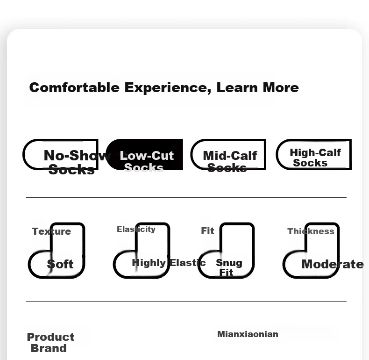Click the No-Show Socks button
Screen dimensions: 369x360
click(x=60, y=155)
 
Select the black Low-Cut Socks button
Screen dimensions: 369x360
click(x=144, y=155)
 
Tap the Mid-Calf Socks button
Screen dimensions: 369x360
click(x=228, y=155)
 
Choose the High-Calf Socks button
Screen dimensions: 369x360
click(x=314, y=155)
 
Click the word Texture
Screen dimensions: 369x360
click(x=51, y=231)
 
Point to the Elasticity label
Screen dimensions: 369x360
click(x=136, y=229)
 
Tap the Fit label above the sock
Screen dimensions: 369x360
click(x=207, y=231)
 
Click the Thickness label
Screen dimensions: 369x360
click(x=311, y=231)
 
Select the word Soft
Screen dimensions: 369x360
click(x=60, y=264)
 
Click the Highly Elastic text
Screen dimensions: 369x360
click(x=169, y=263)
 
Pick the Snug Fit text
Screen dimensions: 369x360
click(x=229, y=267)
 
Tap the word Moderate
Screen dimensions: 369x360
click(x=333, y=264)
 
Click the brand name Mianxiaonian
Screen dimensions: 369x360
click(x=248, y=334)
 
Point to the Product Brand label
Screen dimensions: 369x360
click(x=50, y=343)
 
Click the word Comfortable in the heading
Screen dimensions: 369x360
click(x=74, y=87)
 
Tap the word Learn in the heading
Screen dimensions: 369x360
click(x=237, y=87)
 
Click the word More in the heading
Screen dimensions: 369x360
click(x=281, y=87)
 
